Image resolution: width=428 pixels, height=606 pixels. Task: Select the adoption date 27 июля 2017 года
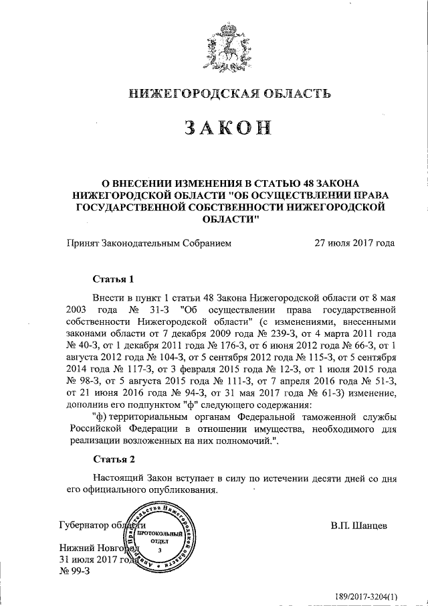pyautogui.click(x=354, y=244)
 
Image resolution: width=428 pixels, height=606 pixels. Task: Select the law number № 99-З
pyautogui.click(x=75, y=571)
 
